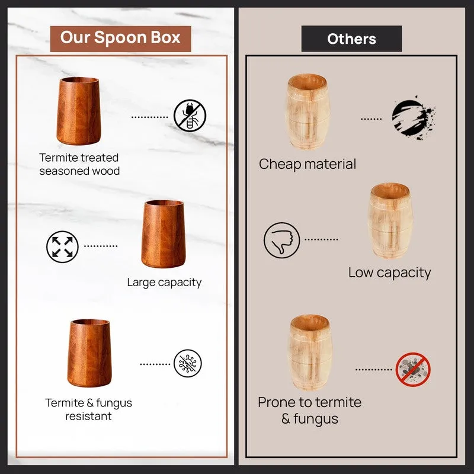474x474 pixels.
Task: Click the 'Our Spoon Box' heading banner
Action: coord(121,39)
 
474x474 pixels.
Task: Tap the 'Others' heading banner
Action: coord(351,39)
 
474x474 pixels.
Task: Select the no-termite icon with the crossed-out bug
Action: coord(190,116)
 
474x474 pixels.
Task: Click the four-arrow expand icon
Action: coord(62,246)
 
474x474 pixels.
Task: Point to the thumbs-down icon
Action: coord(282,241)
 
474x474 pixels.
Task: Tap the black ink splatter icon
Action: coord(413,118)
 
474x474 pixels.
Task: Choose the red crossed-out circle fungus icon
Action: coord(413,369)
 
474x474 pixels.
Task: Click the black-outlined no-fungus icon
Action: coord(188,363)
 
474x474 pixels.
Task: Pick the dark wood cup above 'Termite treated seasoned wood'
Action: coord(79,111)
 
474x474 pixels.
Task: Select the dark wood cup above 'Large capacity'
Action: coord(164,233)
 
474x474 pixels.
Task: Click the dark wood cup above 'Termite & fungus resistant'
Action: coord(89,353)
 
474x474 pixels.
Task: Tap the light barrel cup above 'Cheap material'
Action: coord(308,112)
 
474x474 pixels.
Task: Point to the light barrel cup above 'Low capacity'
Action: coord(390,220)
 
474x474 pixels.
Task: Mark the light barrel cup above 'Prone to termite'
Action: coord(310,353)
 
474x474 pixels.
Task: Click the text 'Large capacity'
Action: coord(164,283)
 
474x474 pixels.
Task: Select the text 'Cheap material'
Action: coord(308,165)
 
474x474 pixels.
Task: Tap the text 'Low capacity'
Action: coord(390,273)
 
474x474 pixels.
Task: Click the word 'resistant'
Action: coord(88,417)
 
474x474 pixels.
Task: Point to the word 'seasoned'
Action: coord(64,171)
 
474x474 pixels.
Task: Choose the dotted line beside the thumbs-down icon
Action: coord(321,239)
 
